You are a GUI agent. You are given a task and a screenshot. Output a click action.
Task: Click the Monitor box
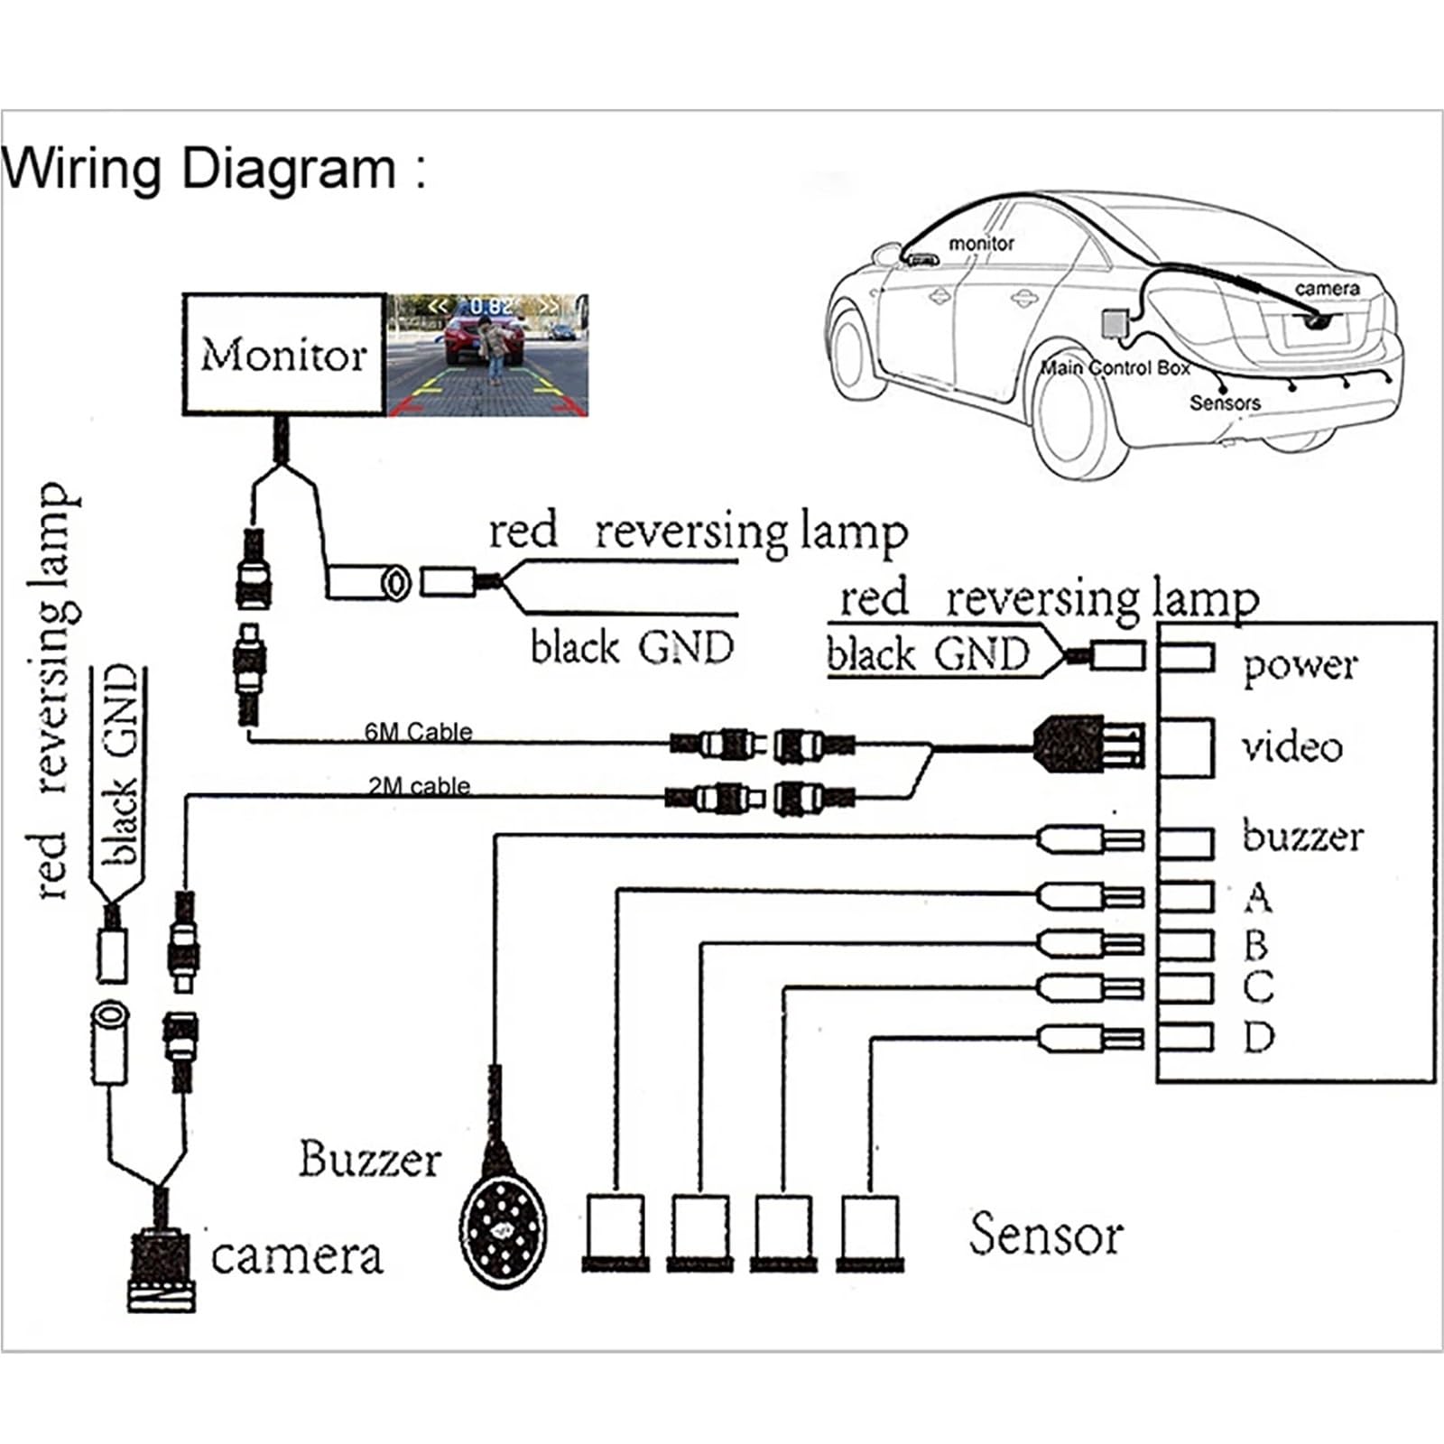(284, 354)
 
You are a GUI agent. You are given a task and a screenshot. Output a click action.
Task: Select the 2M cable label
(419, 785)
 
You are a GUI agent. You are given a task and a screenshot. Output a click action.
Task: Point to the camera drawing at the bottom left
(162, 1268)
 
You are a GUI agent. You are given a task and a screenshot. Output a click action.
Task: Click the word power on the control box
(1300, 667)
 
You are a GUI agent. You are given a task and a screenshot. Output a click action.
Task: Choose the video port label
(1291, 746)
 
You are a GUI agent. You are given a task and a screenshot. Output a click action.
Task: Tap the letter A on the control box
(1258, 897)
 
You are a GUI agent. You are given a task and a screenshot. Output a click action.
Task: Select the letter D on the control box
(1258, 1037)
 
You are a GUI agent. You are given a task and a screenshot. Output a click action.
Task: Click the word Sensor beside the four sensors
(1046, 1234)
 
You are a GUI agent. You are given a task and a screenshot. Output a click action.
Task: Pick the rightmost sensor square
(870, 1232)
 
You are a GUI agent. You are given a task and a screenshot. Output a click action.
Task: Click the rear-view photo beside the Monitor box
(487, 355)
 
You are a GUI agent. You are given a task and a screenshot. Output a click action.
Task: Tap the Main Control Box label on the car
(1115, 367)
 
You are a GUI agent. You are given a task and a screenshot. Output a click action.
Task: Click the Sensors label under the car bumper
(1225, 403)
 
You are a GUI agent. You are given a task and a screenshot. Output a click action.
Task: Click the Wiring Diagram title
(213, 169)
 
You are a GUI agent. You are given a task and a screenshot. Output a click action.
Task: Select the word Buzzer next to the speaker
(370, 1159)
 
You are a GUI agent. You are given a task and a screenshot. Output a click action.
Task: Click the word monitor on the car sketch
(981, 243)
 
